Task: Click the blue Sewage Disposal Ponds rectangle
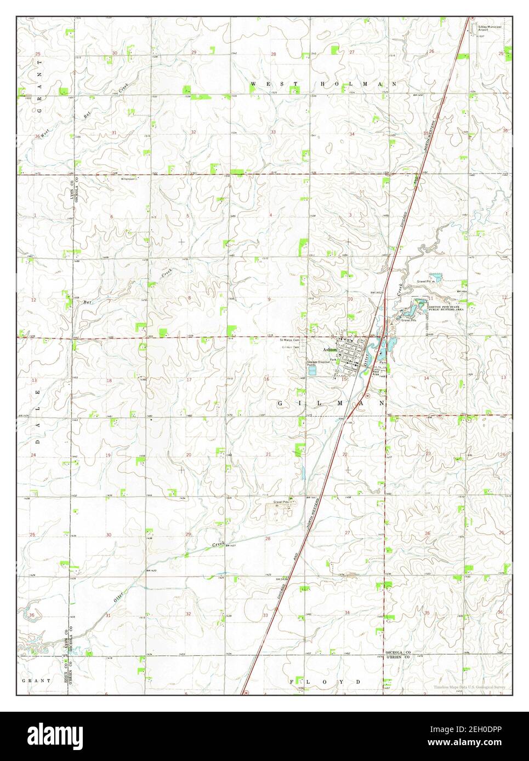coord(312,371)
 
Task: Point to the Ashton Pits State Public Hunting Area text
coord(446,308)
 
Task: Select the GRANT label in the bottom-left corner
coord(36,681)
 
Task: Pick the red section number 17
coord(189,379)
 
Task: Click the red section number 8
coord(190,298)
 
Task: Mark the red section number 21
coord(268,454)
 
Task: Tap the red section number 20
coord(188,455)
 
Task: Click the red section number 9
coord(269,299)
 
